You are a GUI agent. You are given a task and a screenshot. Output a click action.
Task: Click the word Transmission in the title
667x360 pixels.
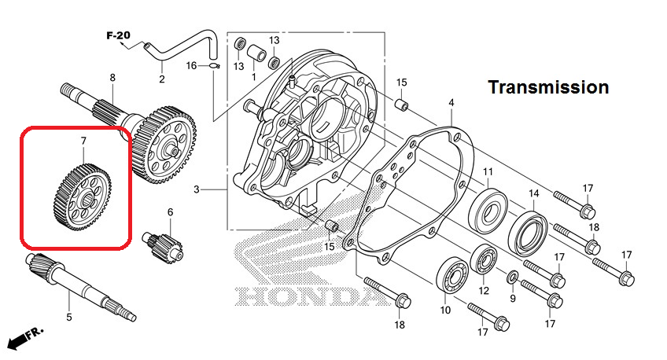[x=548, y=87]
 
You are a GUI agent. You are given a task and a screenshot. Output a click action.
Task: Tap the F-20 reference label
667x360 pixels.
[x=118, y=35]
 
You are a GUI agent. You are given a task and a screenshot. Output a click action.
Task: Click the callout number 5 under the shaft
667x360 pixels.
[x=69, y=317]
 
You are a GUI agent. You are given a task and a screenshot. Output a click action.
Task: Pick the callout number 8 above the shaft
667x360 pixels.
[x=112, y=78]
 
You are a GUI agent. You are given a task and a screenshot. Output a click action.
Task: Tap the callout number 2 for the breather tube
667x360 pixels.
[x=162, y=79]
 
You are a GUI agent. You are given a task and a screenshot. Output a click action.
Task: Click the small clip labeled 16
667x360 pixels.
[x=215, y=65]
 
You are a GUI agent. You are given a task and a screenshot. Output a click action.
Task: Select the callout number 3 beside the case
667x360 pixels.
[x=196, y=189]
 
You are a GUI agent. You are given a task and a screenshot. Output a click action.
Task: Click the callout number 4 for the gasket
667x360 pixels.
[x=451, y=103]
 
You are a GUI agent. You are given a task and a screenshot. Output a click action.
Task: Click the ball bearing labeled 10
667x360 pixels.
[x=452, y=275]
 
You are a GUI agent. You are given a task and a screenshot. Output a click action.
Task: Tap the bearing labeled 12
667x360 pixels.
[x=484, y=259]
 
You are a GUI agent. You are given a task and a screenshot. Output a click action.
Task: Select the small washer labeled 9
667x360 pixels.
[x=512, y=277]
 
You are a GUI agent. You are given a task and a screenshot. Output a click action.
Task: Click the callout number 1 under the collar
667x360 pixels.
[x=254, y=77]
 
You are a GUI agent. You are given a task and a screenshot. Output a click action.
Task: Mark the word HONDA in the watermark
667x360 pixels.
[x=308, y=296]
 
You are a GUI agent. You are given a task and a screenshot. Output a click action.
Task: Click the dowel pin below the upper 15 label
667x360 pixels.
[x=402, y=104]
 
